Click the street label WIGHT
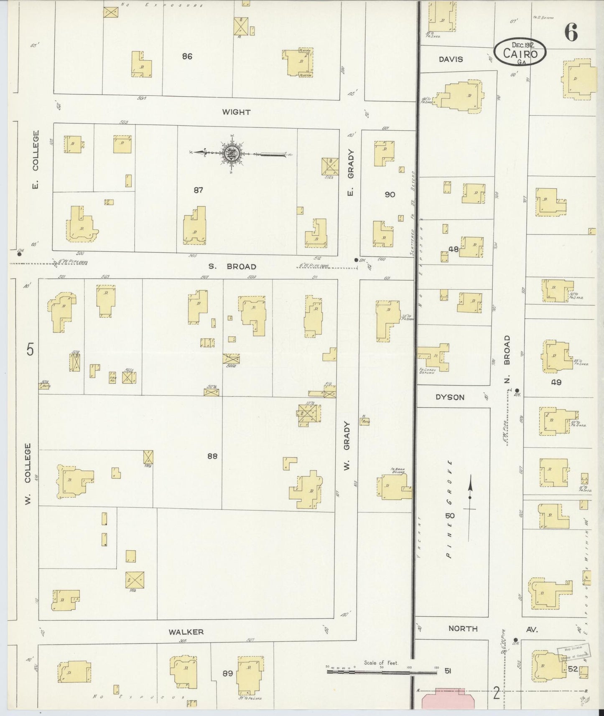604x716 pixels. click(x=236, y=112)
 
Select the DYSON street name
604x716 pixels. click(x=450, y=397)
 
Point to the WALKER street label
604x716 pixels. click(x=186, y=632)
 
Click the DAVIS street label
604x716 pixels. click(x=451, y=59)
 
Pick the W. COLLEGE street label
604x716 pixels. click(x=28, y=474)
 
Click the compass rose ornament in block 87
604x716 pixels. click(x=231, y=154)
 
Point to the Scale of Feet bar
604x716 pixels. click(x=382, y=672)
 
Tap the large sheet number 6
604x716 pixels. click(x=571, y=32)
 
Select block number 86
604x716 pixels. click(x=187, y=56)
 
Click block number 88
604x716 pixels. click(x=212, y=456)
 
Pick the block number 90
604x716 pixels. click(x=390, y=194)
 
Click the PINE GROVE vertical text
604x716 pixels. click(x=449, y=509)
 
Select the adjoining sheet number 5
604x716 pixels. click(x=30, y=350)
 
